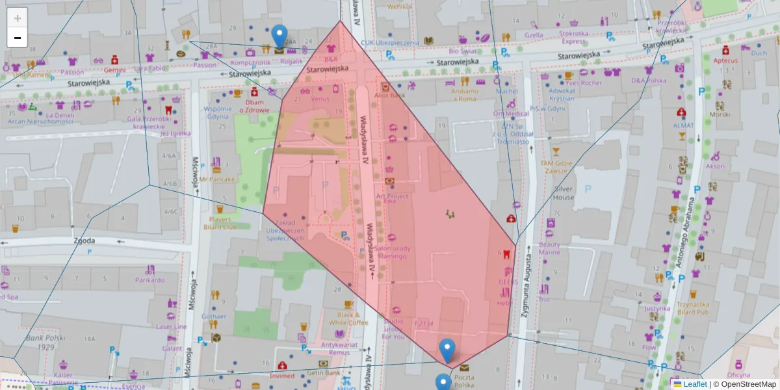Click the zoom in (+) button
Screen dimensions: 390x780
[x=18, y=18]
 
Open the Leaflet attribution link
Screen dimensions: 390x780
[x=694, y=384]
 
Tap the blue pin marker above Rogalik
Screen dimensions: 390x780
[x=279, y=36]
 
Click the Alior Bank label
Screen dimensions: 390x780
[x=390, y=95]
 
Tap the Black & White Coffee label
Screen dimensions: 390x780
[x=348, y=318]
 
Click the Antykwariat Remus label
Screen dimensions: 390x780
[x=330, y=348]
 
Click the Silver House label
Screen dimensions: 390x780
[x=564, y=193]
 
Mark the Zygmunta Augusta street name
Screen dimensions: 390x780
[x=530, y=291]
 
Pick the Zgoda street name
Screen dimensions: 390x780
[x=84, y=240]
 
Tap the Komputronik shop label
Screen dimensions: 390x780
[x=250, y=63]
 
